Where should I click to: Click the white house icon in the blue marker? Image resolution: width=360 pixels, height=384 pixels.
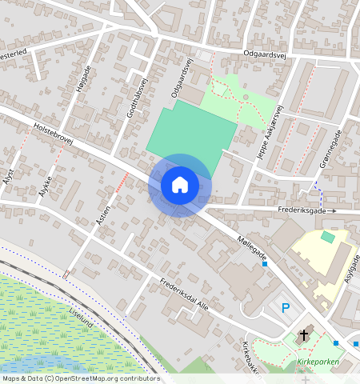tap(180, 185)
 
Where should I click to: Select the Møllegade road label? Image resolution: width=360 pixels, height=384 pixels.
tap(251, 250)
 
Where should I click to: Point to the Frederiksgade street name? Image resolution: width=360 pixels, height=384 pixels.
tap(302, 211)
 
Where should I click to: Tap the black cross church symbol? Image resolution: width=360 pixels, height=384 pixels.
tap(303, 334)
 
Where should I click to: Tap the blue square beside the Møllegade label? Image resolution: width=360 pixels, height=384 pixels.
tap(265, 264)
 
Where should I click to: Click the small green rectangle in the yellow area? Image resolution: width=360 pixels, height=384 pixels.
tap(327, 237)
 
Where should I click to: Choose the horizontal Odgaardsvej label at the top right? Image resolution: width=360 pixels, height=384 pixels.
tap(264, 54)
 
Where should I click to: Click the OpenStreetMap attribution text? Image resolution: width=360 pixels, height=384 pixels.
tap(80, 378)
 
